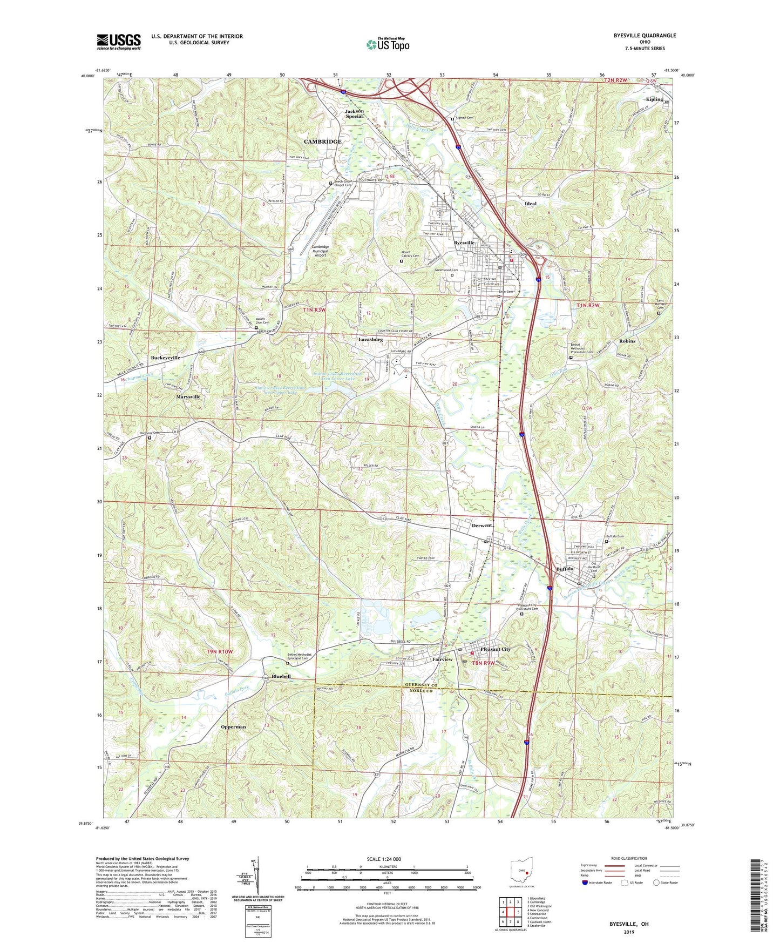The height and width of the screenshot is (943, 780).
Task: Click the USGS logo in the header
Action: click(119, 41)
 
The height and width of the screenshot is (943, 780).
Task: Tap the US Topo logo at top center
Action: click(388, 44)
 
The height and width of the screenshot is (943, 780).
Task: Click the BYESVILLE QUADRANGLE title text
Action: click(644, 36)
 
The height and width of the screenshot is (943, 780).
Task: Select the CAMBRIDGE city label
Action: click(322, 142)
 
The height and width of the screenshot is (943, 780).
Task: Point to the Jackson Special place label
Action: click(355, 113)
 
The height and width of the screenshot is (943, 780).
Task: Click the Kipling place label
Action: click(654, 99)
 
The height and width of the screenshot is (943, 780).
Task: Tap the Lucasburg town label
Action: click(370, 340)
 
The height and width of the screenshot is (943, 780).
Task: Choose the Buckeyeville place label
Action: click(165, 358)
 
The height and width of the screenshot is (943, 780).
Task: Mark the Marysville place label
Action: click(188, 396)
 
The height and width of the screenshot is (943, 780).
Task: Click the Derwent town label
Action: click(481, 526)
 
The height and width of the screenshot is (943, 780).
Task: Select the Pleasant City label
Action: click(495, 649)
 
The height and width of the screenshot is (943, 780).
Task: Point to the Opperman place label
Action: click(233, 727)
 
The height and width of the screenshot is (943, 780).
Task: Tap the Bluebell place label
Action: click(281, 676)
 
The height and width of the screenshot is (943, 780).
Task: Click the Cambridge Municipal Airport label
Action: click(320, 251)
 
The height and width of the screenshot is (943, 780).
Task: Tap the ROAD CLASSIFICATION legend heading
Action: click(629, 858)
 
